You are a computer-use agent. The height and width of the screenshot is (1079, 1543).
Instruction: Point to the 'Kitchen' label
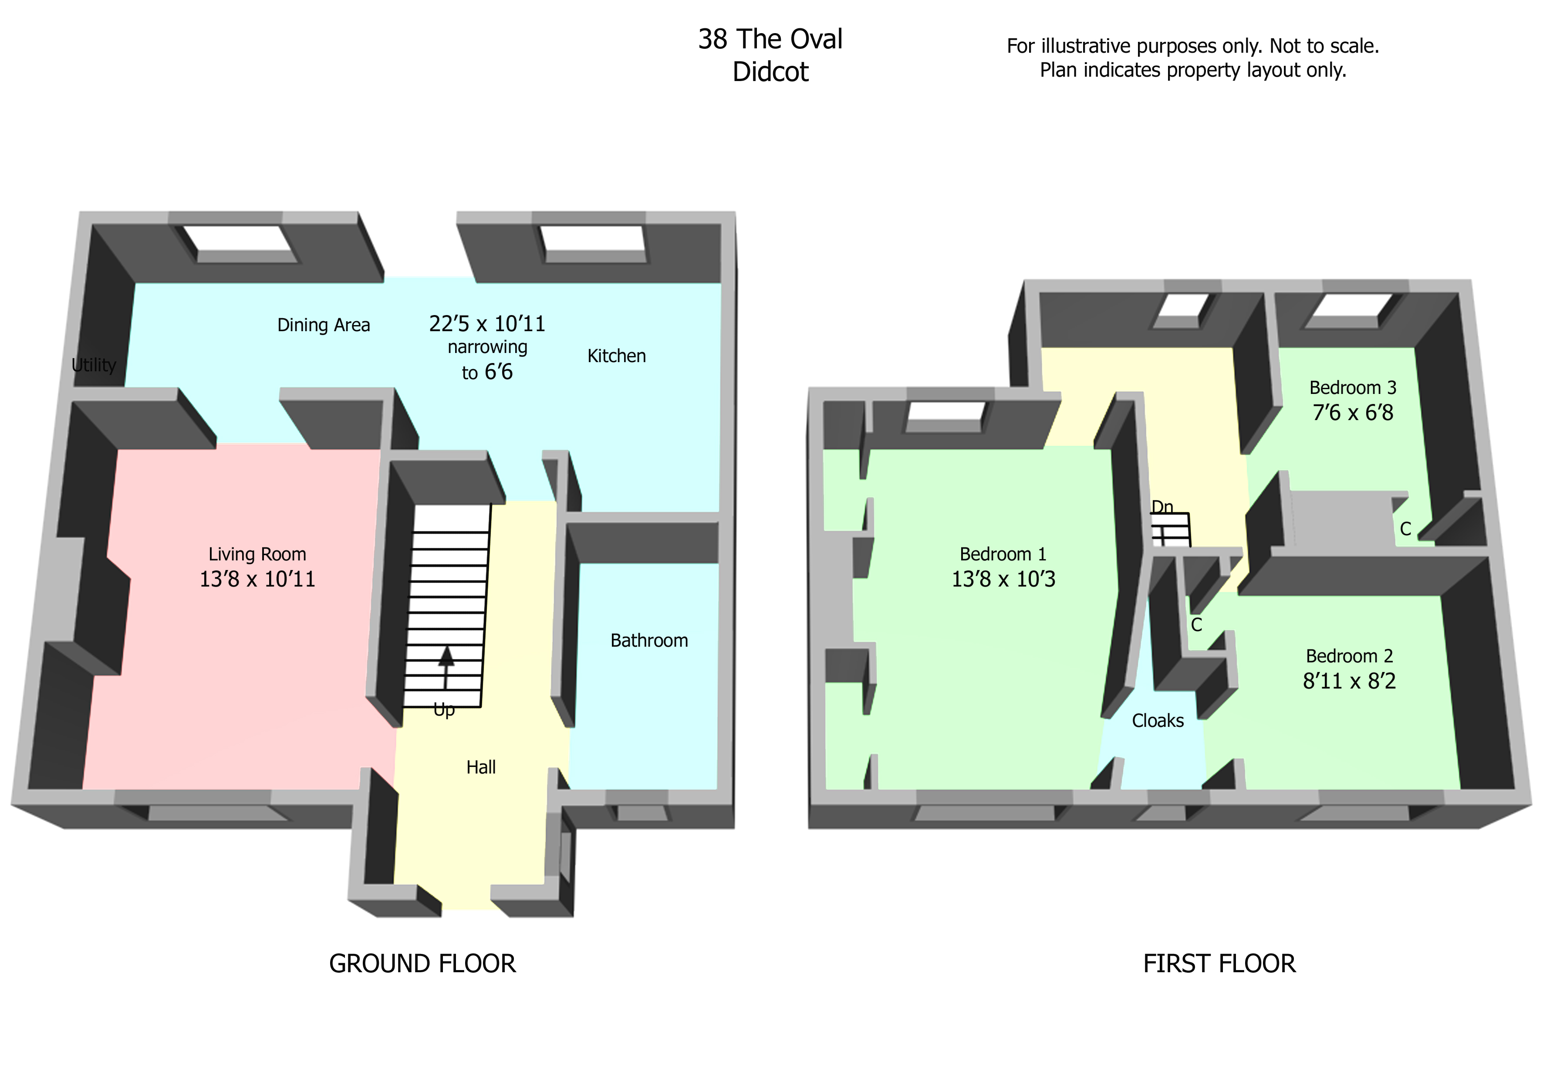click(x=616, y=356)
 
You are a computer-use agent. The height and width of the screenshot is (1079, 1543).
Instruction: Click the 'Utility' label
click(x=93, y=365)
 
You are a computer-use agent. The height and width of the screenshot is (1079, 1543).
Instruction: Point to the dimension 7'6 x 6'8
click(x=1352, y=413)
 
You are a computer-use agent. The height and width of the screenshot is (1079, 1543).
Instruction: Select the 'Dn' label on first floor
click(x=1162, y=507)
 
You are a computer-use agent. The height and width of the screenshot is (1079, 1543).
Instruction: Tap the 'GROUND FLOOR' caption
click(x=422, y=964)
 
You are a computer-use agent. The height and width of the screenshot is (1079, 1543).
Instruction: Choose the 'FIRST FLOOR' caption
click(x=1219, y=964)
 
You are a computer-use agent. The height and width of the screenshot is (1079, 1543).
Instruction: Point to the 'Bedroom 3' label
click(x=1352, y=388)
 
